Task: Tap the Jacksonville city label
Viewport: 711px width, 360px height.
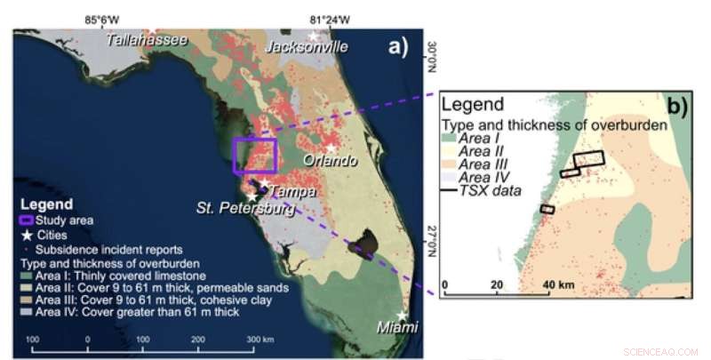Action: (x=307, y=46)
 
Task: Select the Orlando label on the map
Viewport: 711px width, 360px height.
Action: (x=331, y=161)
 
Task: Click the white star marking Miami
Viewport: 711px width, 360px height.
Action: (x=403, y=316)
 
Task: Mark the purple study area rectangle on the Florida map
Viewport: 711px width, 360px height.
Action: (x=255, y=156)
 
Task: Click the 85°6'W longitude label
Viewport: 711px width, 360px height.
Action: (x=102, y=20)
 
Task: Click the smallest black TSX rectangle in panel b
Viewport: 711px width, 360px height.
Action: (x=547, y=209)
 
